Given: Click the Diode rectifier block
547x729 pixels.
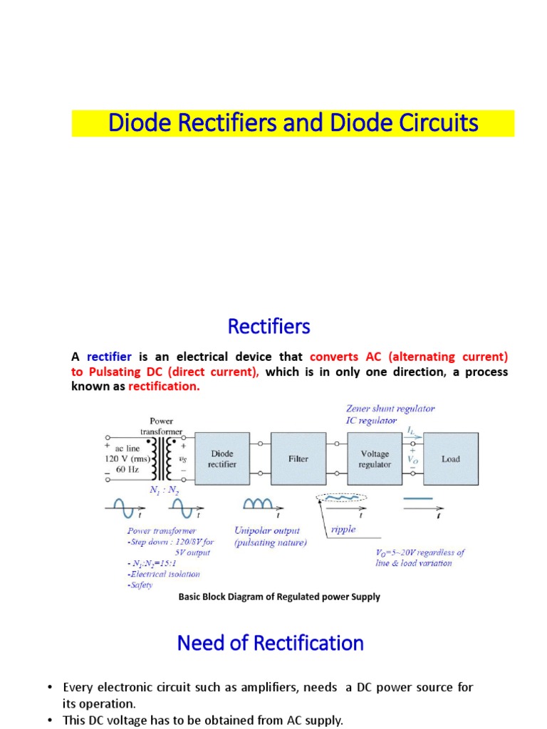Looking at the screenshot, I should pyautogui.click(x=222, y=458).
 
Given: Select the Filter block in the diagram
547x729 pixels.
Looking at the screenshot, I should pyautogui.click(x=298, y=458).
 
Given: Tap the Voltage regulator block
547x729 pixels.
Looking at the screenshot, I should pyautogui.click(x=375, y=458).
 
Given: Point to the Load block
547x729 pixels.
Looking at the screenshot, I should pyautogui.click(x=451, y=458).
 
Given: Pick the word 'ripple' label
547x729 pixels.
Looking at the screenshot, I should pyautogui.click(x=344, y=530).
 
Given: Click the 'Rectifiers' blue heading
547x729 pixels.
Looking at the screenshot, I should pyautogui.click(x=269, y=327).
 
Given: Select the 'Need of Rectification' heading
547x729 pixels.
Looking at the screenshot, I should pyautogui.click(x=270, y=644).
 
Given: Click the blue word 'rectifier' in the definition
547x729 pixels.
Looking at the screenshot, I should pyautogui.click(x=109, y=356).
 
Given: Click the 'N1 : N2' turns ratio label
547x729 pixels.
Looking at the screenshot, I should pyautogui.click(x=163, y=491).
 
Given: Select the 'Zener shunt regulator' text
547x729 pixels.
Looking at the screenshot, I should pyautogui.click(x=390, y=409).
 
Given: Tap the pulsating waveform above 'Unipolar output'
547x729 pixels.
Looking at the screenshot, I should pyautogui.click(x=258, y=504).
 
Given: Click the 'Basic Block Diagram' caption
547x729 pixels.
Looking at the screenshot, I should pyautogui.click(x=278, y=597).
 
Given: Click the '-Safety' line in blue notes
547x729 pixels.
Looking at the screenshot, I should pyautogui.click(x=140, y=584).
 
